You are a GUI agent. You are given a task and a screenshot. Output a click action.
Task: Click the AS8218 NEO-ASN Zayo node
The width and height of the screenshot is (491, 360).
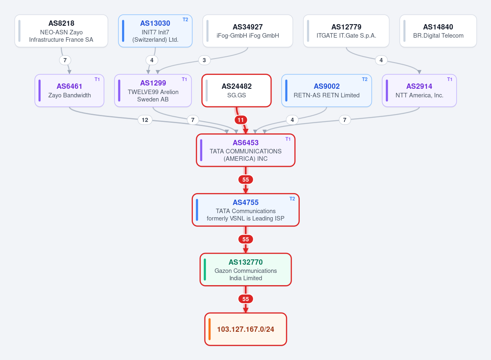[x=61, y=31]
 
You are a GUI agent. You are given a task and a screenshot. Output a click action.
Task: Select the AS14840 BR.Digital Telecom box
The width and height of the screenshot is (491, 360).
[x=438, y=31]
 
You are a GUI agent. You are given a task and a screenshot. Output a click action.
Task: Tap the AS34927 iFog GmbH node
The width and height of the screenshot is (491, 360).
[x=248, y=31]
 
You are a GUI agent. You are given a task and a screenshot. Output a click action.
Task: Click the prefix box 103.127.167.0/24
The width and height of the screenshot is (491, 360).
[x=246, y=329]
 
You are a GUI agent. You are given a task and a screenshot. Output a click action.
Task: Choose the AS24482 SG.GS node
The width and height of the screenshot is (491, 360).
[x=236, y=91]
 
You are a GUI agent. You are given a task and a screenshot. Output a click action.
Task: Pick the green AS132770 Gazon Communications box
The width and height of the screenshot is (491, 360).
[x=246, y=270]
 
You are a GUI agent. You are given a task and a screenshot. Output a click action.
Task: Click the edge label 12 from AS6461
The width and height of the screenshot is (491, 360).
[x=145, y=120]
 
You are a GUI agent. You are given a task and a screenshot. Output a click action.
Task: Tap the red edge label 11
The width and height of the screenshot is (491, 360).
[x=240, y=120]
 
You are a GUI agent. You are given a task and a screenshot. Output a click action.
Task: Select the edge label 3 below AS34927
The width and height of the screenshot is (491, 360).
[x=204, y=60]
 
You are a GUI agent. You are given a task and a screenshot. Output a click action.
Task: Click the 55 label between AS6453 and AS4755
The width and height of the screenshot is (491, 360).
[x=246, y=180]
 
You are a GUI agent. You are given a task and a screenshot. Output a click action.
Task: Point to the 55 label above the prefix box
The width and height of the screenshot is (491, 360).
[x=246, y=299]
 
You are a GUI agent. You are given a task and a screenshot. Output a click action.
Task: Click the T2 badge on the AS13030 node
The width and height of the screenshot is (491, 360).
[x=186, y=20]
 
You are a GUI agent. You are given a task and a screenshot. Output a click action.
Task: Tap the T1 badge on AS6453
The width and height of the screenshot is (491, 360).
[x=288, y=139]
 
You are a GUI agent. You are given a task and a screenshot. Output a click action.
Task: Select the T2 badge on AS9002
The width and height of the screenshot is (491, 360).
[x=365, y=79]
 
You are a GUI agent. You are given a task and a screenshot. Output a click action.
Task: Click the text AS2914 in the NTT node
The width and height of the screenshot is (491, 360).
[x=419, y=86]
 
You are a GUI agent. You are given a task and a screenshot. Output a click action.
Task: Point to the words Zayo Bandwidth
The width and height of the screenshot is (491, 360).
[x=70, y=95]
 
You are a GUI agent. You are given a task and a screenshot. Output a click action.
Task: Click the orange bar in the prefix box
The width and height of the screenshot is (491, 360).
[x=210, y=329]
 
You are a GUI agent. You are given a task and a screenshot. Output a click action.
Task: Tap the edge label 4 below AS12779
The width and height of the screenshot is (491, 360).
[x=381, y=60]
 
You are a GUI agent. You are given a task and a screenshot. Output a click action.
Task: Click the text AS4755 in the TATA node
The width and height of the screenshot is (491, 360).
[x=246, y=202]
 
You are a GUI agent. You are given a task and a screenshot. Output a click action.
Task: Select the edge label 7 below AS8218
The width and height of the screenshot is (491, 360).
[x=65, y=60]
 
